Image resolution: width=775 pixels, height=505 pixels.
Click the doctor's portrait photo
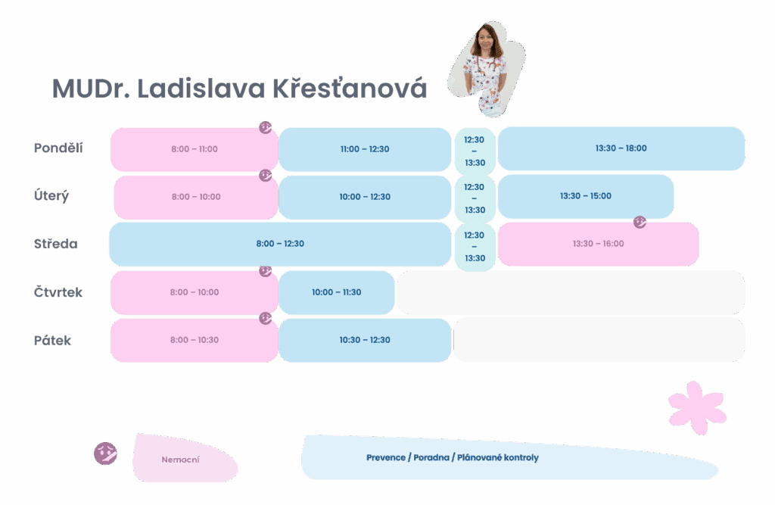[487, 68]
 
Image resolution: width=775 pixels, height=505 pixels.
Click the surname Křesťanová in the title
[350, 89]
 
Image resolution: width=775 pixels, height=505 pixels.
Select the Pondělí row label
[58, 148]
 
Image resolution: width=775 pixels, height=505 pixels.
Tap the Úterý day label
[51, 196]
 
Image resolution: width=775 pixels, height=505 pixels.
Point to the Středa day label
[56, 244]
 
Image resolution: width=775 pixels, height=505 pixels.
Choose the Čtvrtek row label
[58, 291]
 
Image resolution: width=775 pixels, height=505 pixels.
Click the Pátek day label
[52, 340]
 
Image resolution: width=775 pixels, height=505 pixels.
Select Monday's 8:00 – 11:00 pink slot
[195, 149]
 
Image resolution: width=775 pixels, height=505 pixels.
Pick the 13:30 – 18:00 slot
[621, 148]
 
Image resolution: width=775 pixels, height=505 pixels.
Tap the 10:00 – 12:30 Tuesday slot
[365, 197]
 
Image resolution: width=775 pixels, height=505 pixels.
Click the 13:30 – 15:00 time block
[586, 196]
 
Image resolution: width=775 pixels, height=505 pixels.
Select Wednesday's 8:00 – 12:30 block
[280, 244]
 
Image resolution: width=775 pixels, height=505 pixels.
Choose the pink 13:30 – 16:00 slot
[599, 244]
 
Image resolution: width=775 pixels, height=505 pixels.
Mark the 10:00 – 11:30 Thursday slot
[337, 292]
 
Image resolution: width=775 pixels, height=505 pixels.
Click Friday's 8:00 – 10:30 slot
[195, 340]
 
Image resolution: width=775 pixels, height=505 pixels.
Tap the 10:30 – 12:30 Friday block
[365, 340]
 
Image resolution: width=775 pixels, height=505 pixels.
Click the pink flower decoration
[697, 407]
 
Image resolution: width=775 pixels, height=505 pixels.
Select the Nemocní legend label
[180, 460]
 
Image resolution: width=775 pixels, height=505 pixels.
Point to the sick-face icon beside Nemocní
[106, 453]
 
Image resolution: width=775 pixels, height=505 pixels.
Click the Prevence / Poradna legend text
[453, 457]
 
